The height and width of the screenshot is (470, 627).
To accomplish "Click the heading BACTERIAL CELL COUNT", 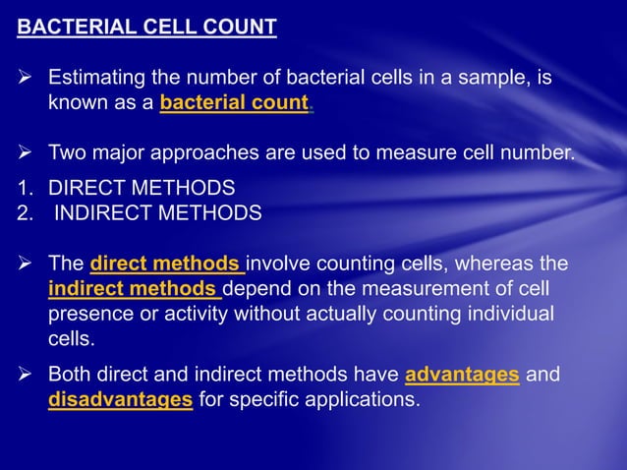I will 147,28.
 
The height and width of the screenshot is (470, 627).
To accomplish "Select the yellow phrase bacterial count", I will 234,102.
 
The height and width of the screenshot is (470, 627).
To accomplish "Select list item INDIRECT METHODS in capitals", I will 157,213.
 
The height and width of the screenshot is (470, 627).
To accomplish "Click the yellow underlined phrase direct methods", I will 166,264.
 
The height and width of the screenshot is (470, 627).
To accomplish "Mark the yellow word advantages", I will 462,375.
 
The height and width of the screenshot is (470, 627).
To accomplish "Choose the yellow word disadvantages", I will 120,400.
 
